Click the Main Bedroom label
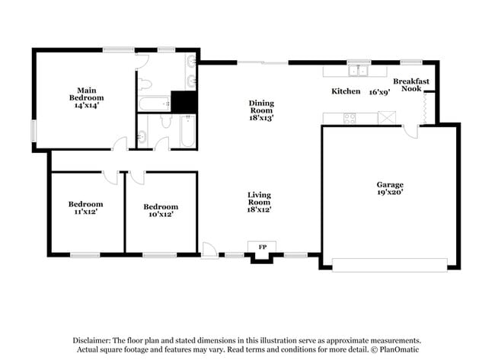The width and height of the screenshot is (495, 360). coord(87,94)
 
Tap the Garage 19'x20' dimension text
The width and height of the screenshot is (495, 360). coord(390,192)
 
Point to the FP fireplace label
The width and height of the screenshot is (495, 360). coord(262,247)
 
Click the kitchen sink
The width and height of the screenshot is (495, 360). coord(359,71)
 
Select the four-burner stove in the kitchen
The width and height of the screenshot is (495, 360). coord(350,118)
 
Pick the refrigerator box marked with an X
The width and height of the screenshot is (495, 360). coord(387,118)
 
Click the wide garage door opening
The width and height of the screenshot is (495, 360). coord(390,265)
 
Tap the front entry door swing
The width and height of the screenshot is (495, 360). coord(209,250)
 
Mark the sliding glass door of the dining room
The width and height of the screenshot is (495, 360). coord(262,62)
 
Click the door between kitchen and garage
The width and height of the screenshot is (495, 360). coord(410,132)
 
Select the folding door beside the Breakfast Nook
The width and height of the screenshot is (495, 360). coord(425,108)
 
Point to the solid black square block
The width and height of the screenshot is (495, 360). coord(184,101)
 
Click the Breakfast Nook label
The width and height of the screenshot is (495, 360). coord(411,85)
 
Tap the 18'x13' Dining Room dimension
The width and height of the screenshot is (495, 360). coord(261,118)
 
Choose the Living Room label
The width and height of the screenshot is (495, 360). coord(259,199)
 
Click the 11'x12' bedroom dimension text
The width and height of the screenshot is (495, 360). coord(85,212)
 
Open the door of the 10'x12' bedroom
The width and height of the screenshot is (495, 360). coord(137,178)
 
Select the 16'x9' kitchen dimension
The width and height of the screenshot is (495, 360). coord(380,92)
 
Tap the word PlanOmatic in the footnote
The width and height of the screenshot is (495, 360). coord(399,349)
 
